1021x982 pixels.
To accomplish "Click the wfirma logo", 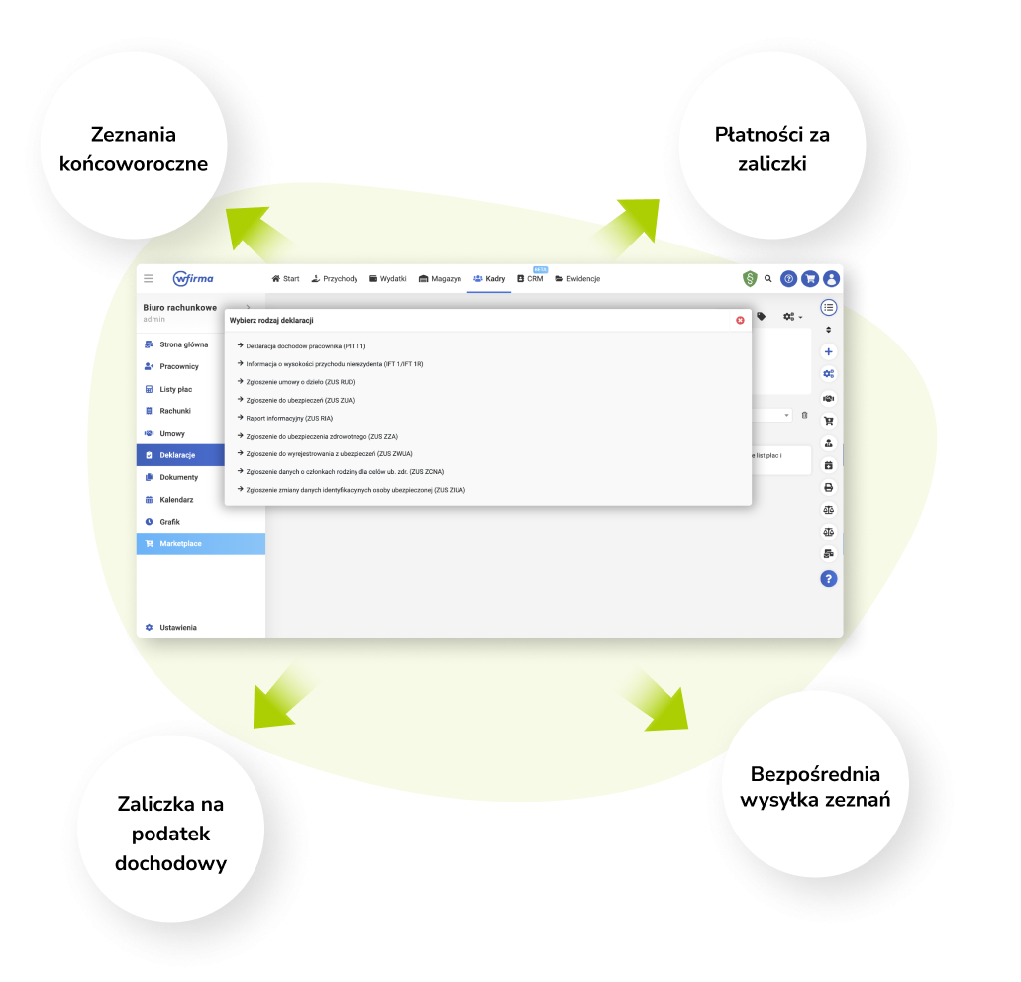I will tap(192, 278).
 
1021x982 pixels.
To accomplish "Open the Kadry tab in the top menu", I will tap(489, 279).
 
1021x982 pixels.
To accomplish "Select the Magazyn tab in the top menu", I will tap(440, 279).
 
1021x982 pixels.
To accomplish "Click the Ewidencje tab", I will tap(577, 279).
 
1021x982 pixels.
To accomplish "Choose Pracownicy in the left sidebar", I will tap(178, 366).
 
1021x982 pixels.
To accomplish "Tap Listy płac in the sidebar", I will tap(175, 389).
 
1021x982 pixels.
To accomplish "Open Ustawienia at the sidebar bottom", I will tap(177, 627).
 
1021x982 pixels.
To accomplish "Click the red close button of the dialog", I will tap(740, 320).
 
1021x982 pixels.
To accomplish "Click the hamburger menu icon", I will tap(149, 278).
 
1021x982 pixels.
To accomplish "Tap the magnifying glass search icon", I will tap(767, 279).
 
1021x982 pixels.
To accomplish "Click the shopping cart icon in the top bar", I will tap(810, 279).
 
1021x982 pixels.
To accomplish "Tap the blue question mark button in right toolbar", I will tap(829, 578).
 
